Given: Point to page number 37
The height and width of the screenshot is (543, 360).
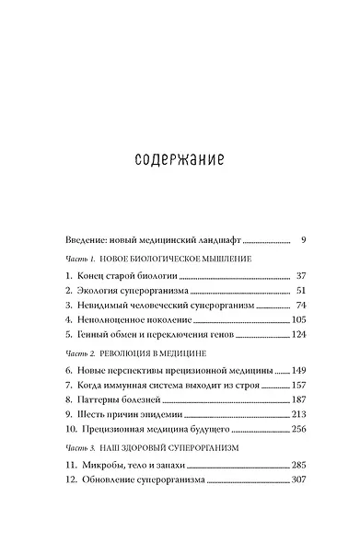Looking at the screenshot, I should (x=299, y=276).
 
